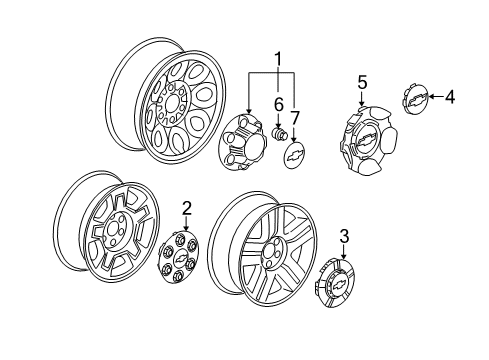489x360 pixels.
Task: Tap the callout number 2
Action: (x=187, y=207)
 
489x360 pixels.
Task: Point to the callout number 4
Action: (x=450, y=97)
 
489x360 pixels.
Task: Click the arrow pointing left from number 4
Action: (x=431, y=97)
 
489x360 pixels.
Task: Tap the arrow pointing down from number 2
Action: (x=186, y=229)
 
